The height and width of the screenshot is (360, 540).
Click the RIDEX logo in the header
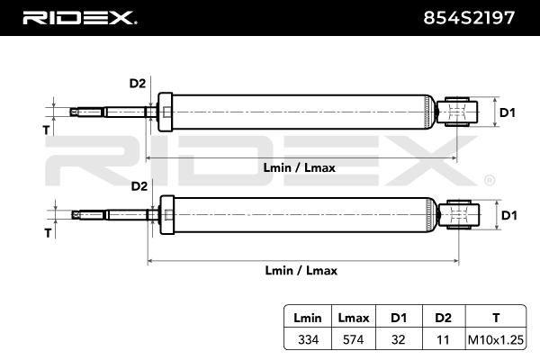pos(78,17)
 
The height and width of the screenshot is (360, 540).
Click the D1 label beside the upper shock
pos(508,112)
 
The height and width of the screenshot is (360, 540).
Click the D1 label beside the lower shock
pos(508,215)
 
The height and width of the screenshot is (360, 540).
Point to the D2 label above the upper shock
pos(137,84)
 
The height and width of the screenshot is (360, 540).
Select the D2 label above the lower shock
pos(139,186)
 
